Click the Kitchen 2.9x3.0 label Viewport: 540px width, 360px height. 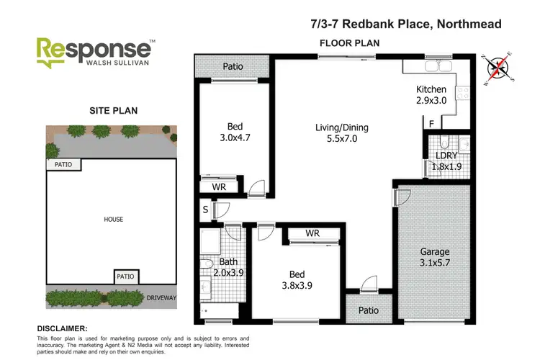click(x=431, y=95)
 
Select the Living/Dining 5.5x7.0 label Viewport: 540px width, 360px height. click(x=336, y=135)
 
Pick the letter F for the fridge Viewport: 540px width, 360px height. click(x=431, y=124)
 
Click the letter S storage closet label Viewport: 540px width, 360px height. click(x=205, y=210)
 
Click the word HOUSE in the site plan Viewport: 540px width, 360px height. click(x=113, y=219)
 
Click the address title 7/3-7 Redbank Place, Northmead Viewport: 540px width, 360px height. click(x=411, y=24)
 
